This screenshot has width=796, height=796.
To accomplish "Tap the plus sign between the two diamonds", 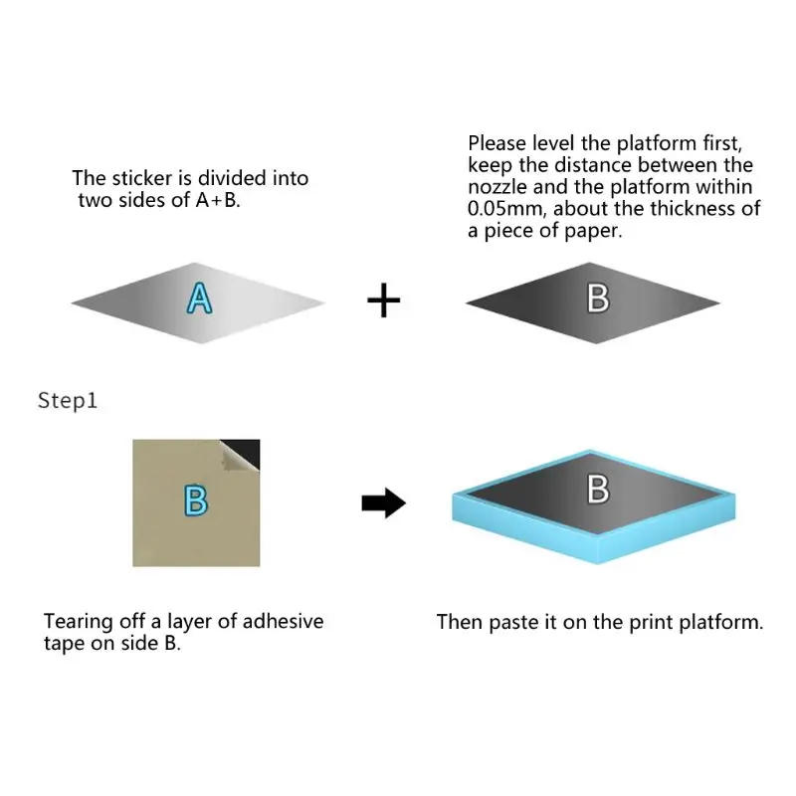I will (x=384, y=299).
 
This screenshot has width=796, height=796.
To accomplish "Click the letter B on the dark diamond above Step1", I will (x=597, y=298).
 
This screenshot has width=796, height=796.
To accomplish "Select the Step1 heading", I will (x=68, y=401).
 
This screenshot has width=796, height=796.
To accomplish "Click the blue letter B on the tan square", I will (x=197, y=500).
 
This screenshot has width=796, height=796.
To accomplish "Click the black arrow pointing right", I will (x=383, y=503).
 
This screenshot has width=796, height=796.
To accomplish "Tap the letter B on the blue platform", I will (x=598, y=490).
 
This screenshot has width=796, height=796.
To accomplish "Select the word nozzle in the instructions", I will (x=497, y=187).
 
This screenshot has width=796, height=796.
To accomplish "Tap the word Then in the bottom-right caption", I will (x=460, y=623).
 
